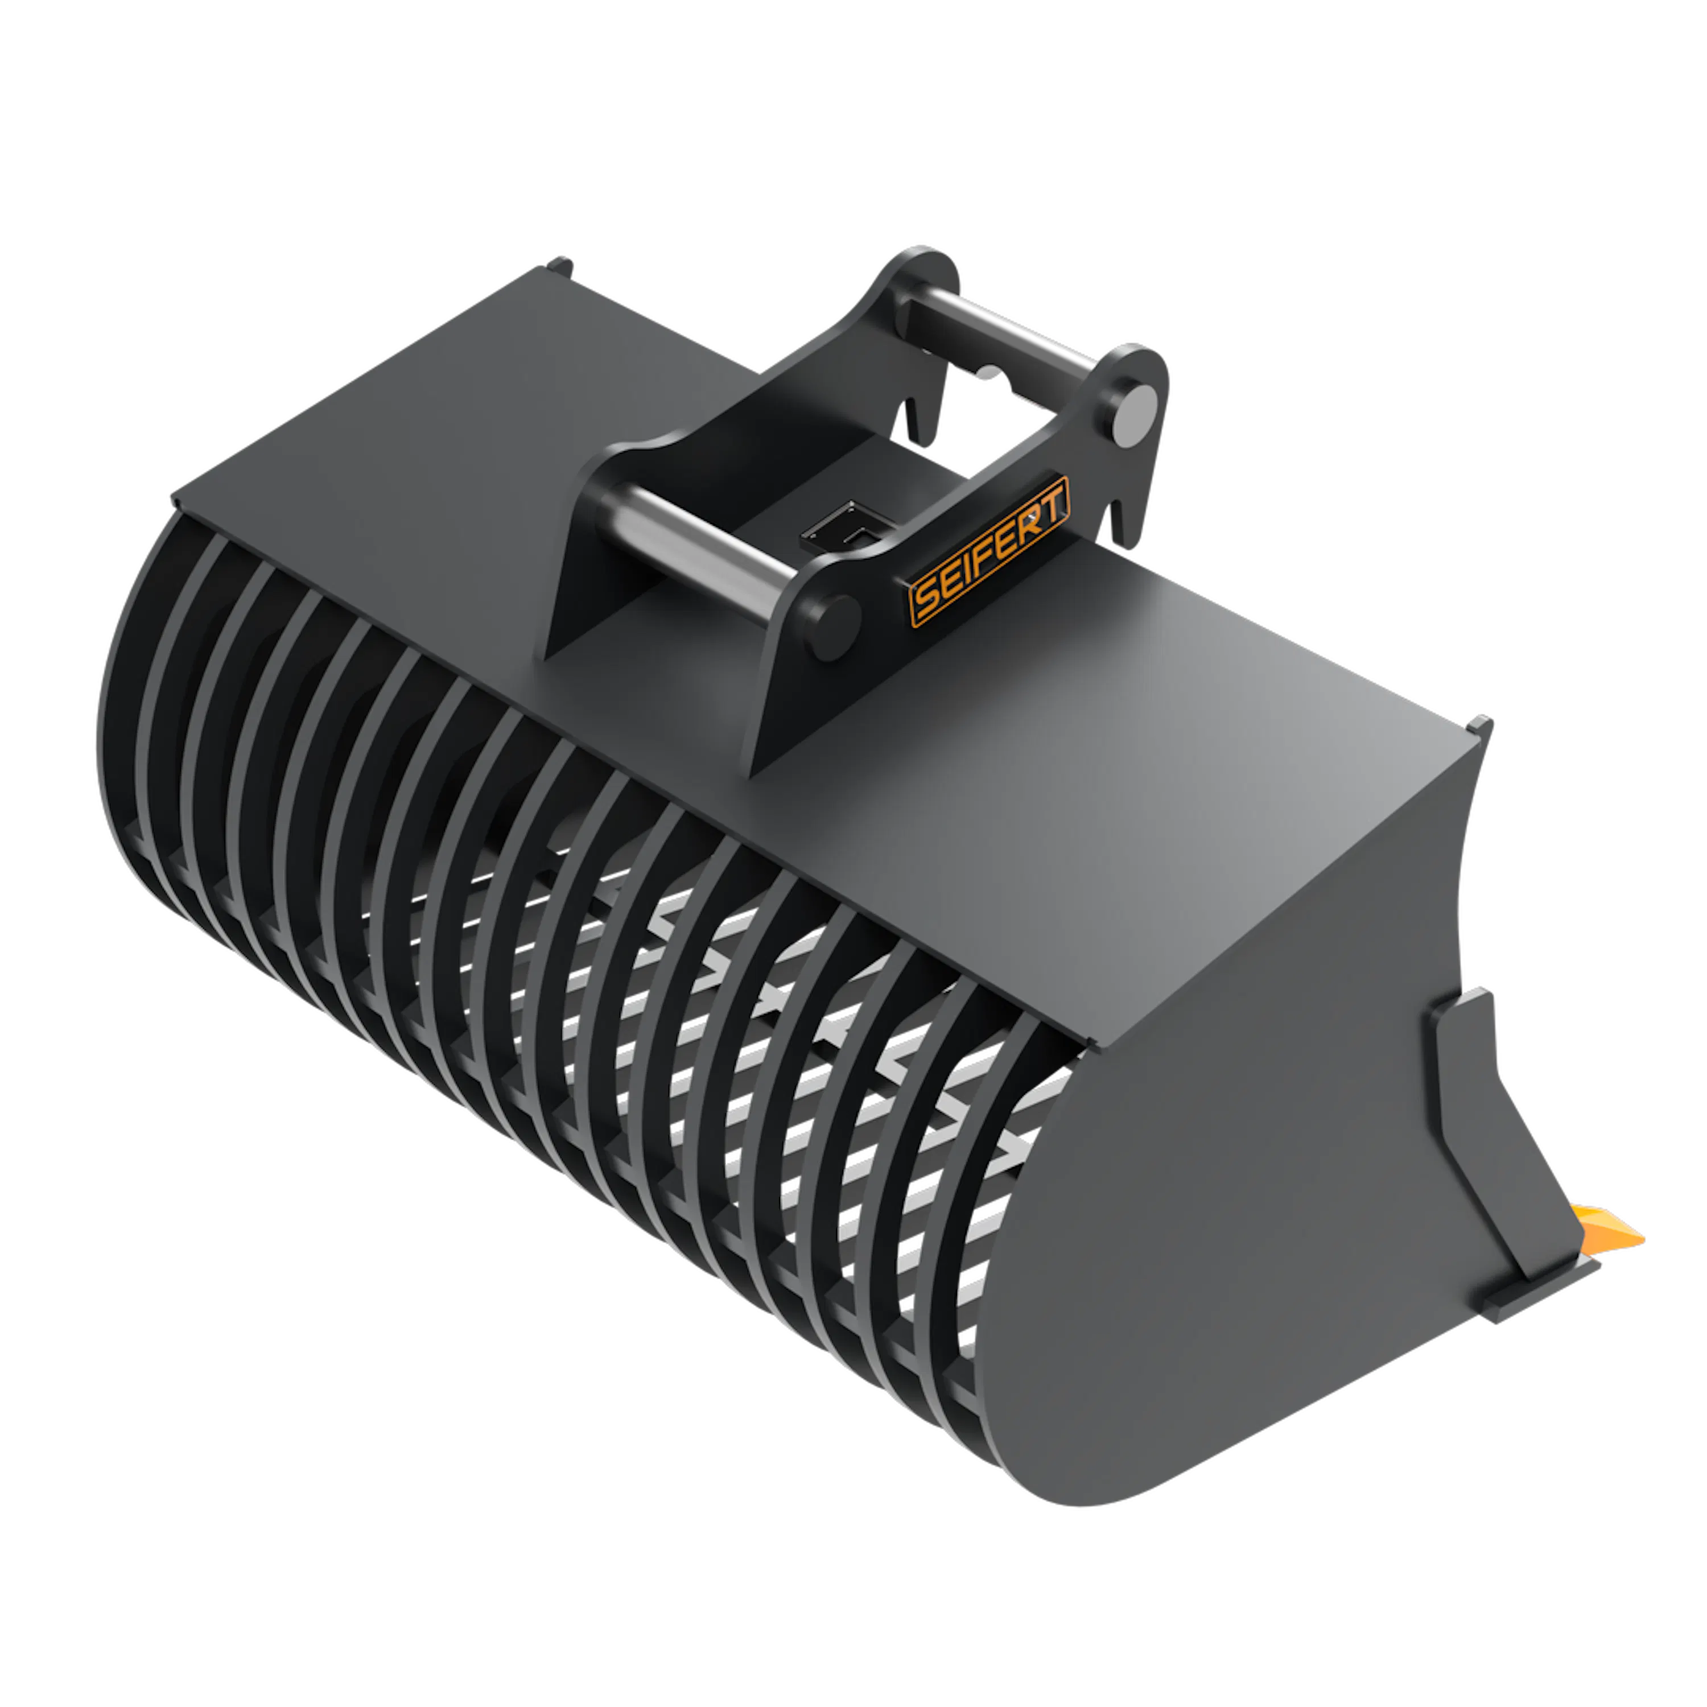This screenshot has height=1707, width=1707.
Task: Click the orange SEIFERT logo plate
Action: click(x=989, y=551)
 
